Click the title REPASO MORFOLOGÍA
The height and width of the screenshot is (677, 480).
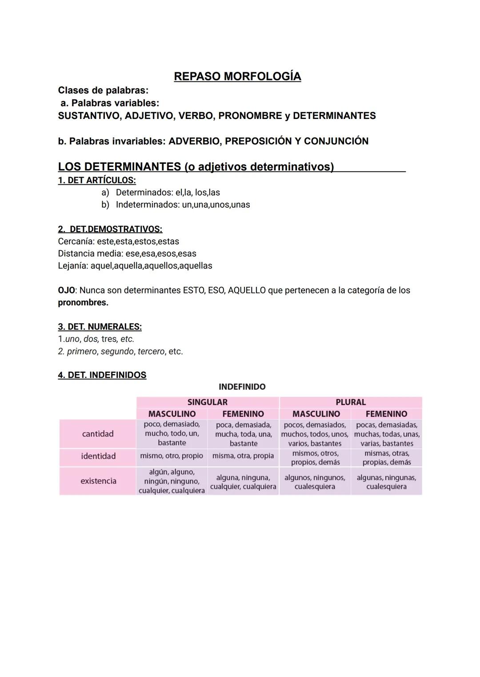click(x=237, y=76)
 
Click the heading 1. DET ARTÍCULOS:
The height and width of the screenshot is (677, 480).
click(x=97, y=180)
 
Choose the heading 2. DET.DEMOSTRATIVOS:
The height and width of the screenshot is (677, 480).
click(x=110, y=229)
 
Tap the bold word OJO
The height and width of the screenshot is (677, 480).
click(x=66, y=290)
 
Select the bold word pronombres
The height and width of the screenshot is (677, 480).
click(x=83, y=303)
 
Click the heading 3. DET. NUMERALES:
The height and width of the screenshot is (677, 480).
click(x=100, y=327)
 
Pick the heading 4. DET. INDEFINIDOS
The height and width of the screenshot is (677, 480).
click(x=102, y=375)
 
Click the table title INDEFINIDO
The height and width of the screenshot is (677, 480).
click(x=242, y=387)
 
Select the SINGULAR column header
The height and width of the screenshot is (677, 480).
click(x=207, y=402)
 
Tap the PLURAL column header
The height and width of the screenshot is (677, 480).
click(x=351, y=402)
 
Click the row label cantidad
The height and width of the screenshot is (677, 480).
click(x=98, y=434)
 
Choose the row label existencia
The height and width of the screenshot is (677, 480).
click(x=98, y=481)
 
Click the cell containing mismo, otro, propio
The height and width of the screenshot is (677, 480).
click(x=172, y=456)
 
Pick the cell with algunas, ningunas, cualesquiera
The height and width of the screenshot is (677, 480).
click(x=386, y=482)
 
